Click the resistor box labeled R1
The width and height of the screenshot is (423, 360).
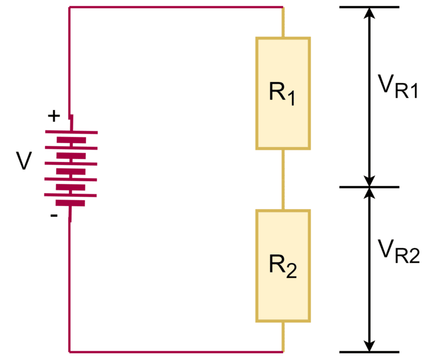click(283, 93)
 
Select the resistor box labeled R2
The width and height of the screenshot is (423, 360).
click(283, 266)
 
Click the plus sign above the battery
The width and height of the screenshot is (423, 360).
click(53, 116)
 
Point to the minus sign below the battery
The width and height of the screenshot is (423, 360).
click(53, 215)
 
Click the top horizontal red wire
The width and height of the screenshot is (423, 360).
click(176, 7)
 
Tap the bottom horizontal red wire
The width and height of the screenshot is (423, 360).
click(176, 351)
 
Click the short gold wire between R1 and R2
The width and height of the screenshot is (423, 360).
click(283, 179)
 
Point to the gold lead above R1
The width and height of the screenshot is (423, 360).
click(283, 23)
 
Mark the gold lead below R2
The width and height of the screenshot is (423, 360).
click(283, 336)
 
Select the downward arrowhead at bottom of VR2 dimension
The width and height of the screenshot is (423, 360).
click(370, 345)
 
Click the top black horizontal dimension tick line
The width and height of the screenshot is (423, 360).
click(369, 7)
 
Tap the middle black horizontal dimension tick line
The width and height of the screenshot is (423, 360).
click(369, 187)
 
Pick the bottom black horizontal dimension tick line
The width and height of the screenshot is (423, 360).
click(369, 352)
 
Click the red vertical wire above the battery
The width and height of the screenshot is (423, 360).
click(69, 61)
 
